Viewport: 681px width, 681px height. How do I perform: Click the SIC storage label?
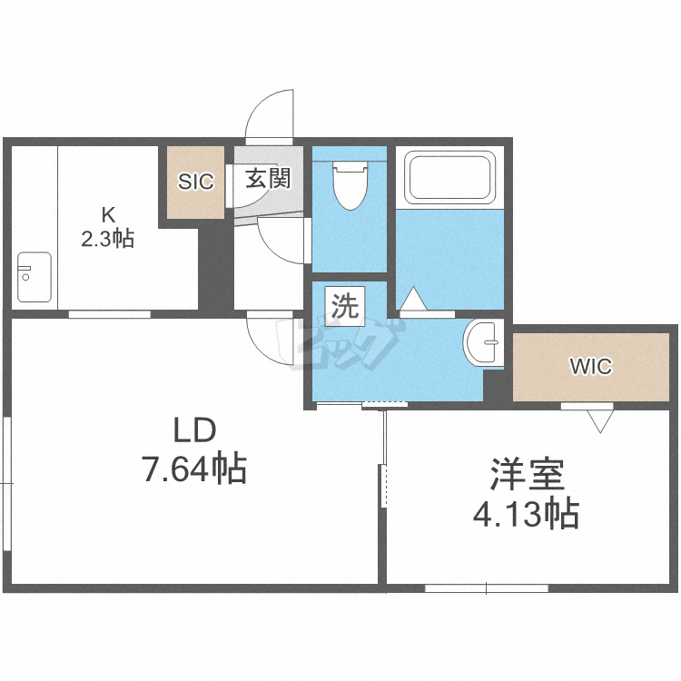[x=195, y=182]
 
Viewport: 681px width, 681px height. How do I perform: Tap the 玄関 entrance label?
[x=267, y=178]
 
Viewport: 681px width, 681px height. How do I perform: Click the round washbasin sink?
[x=482, y=343]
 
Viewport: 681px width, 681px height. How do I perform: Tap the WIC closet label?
[x=590, y=367]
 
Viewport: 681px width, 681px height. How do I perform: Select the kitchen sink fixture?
[x=34, y=277]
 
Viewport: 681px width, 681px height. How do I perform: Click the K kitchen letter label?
[x=108, y=216]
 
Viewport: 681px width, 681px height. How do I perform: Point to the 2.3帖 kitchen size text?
[x=108, y=239]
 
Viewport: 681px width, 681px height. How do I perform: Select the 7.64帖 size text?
[x=193, y=469]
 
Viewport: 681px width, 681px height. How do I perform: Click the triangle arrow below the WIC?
[x=599, y=419]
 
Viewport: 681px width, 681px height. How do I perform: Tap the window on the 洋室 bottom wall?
[x=487, y=587]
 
